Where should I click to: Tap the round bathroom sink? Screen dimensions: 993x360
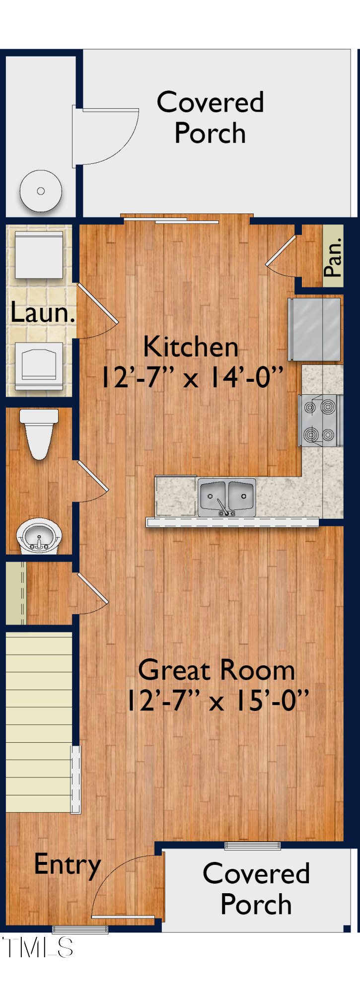[39, 536]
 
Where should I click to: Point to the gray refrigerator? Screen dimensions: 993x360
[315, 329]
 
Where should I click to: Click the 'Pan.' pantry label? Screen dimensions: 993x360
[333, 257]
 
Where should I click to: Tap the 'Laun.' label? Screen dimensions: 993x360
[43, 313]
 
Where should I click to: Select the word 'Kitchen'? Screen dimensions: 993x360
[191, 347]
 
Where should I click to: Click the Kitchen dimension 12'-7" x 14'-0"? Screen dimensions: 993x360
[192, 377]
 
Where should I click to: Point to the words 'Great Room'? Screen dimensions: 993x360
[216, 670]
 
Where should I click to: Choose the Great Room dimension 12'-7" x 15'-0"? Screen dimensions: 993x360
[217, 701]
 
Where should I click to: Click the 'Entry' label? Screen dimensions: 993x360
[68, 865]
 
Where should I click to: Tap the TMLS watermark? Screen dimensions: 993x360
[38, 947]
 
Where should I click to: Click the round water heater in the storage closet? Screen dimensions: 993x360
[41, 191]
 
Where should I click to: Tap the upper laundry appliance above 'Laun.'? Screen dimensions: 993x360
[39, 255]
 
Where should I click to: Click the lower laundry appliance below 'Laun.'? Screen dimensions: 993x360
[39, 365]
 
